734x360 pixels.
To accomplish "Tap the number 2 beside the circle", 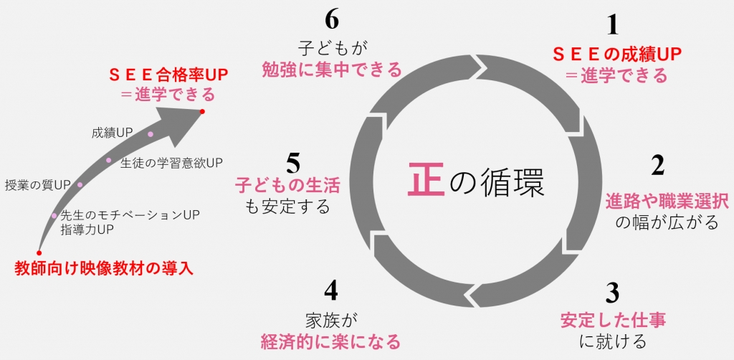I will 657,166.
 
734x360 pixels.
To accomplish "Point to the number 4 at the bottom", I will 330,290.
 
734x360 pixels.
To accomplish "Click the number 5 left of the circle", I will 292,164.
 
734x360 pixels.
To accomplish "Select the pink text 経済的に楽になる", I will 330,340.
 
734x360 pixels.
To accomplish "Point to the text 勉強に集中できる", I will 330,70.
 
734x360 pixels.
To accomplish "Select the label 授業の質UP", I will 37,185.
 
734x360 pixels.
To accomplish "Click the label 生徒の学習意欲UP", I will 172,162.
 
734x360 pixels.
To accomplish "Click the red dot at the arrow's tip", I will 203,112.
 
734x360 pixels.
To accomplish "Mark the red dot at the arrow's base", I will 39,253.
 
